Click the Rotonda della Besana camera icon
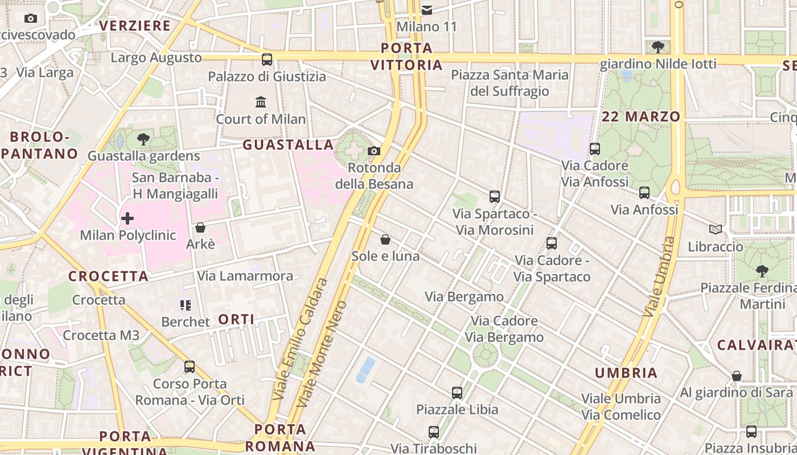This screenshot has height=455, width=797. click(374, 151)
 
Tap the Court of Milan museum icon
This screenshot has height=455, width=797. click(261, 102)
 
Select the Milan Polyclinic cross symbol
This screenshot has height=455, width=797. click(128, 218)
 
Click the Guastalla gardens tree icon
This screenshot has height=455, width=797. click(143, 139)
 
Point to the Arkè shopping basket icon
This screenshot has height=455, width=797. click(200, 227)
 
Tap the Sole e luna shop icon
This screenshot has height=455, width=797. click(385, 239)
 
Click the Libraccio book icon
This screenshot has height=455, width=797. click(716, 230)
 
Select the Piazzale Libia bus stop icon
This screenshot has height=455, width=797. click(457, 392)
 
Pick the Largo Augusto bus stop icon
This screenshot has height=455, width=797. click(266, 59)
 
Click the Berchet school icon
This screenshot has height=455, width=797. click(185, 305)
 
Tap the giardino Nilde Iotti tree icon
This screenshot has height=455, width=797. click(658, 47)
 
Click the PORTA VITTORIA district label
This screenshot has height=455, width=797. click(406, 56)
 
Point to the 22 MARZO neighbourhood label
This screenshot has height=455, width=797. click(641, 117)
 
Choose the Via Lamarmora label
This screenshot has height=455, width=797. click(245, 276)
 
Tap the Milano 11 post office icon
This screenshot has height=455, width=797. click(427, 10)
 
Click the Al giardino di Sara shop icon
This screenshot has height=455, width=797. click(737, 376)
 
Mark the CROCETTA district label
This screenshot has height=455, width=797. click(108, 276)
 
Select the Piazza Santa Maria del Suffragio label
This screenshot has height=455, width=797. click(510, 83)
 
